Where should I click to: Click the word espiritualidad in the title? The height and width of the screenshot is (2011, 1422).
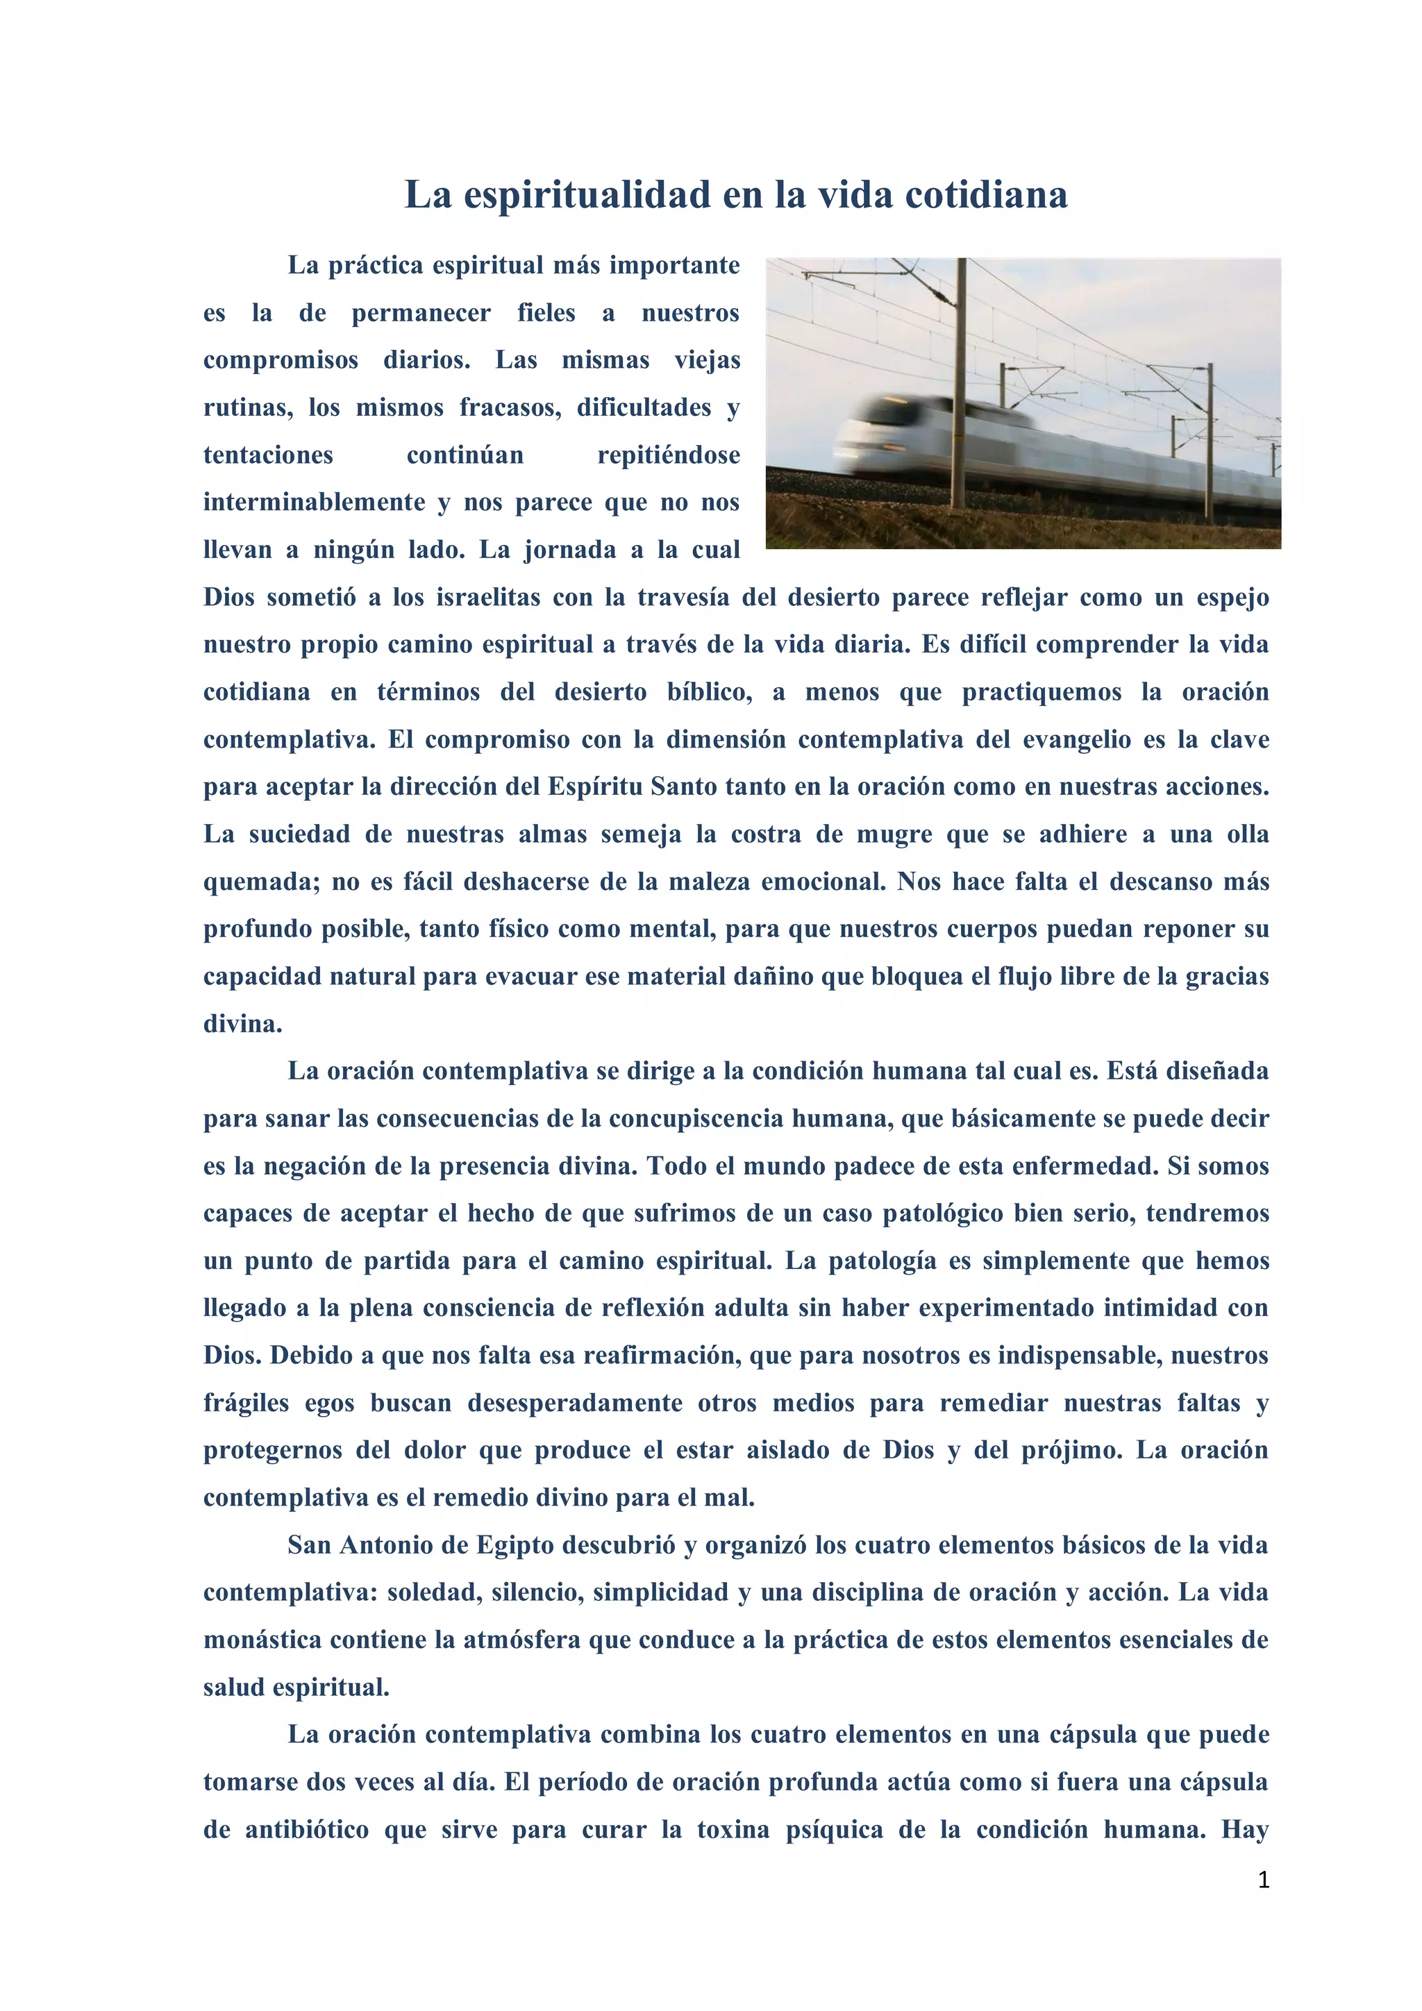[587, 195]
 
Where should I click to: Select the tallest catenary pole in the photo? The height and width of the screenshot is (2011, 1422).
[961, 385]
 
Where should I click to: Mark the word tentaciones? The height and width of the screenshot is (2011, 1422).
[268, 455]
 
